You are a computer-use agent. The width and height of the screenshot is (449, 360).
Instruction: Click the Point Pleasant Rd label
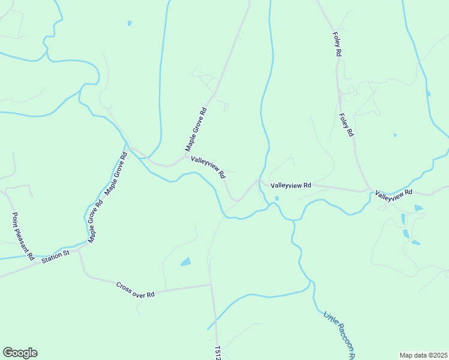pyautogui.click(x=23, y=236)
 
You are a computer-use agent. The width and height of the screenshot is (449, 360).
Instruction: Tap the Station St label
pyautogui.click(x=56, y=256)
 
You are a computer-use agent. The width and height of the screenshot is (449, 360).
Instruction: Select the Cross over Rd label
pyautogui.click(x=136, y=290)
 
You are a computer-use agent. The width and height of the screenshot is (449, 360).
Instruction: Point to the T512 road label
pyautogui.click(x=218, y=353)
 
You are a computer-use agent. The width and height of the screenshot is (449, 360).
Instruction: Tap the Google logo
pyautogui.click(x=20, y=353)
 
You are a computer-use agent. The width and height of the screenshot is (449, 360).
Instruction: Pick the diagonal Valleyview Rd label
pyautogui.click(x=208, y=167)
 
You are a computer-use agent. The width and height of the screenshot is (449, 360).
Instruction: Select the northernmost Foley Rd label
pyautogui.click(x=337, y=45)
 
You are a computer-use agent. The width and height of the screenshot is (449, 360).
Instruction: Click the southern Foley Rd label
pyautogui.click(x=345, y=125)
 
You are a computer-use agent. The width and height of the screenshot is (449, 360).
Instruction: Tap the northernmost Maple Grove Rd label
pyautogui.click(x=196, y=129)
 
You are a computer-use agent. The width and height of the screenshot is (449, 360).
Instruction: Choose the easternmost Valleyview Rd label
pyautogui.click(x=394, y=194)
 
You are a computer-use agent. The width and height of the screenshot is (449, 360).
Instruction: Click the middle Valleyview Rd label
pyautogui.click(x=291, y=186)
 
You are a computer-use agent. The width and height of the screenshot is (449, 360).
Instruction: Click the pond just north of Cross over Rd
pyautogui.click(x=185, y=262)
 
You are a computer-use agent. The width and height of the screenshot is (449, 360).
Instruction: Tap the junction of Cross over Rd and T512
pyautogui.click(x=211, y=284)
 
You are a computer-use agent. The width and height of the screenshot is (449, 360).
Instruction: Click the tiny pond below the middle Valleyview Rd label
pyautogui.click(x=277, y=199)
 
